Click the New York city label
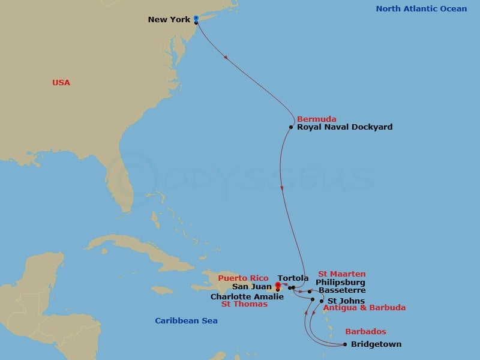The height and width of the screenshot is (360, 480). [169, 20]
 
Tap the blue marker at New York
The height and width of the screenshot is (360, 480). [196, 18]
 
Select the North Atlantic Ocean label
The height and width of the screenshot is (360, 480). [421, 9]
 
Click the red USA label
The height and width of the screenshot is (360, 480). [61, 83]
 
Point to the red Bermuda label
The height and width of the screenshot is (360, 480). [316, 119]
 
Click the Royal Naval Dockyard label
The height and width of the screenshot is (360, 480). [345, 127]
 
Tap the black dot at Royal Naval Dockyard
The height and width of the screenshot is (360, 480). [291, 127]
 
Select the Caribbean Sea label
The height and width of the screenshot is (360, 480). [186, 321]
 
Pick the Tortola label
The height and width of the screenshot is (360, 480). [293, 278]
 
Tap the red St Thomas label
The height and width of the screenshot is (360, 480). [245, 304]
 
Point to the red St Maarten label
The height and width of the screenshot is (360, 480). [341, 274]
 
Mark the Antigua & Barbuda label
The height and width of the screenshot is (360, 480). [364, 308]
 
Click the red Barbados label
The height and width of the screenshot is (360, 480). [365, 331]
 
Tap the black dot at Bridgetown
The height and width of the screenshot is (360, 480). [344, 344]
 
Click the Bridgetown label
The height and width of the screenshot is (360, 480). [376, 344]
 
